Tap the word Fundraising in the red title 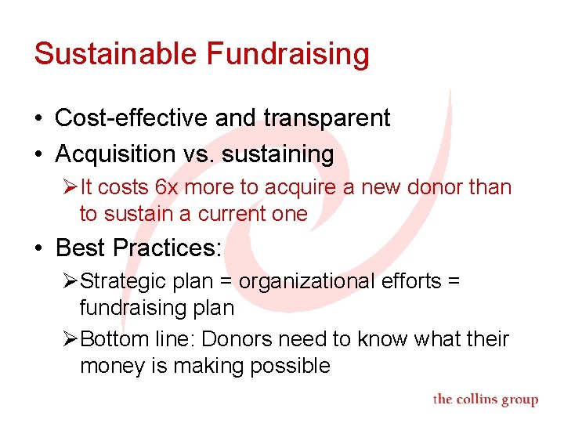tap(287, 54)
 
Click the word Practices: tap(168, 248)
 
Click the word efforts tap(407, 281)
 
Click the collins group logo tap(486, 399)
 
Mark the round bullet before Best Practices tap(38, 249)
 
